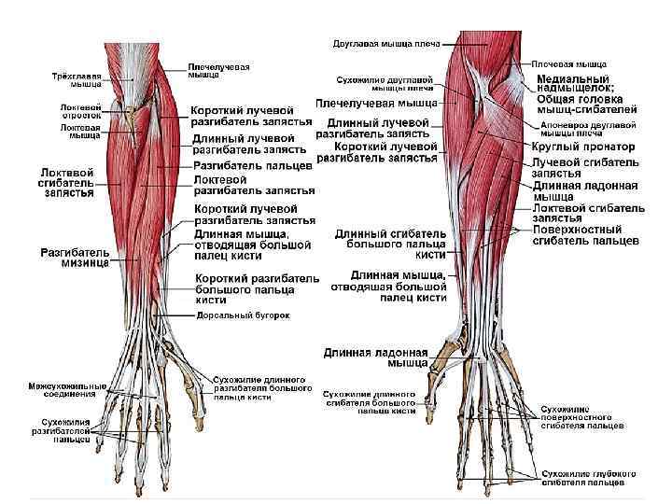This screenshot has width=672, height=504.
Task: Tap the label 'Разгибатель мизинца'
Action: [74, 258]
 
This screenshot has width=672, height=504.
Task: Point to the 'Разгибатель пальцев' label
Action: [252, 165]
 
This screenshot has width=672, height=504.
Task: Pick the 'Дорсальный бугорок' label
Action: [243, 316]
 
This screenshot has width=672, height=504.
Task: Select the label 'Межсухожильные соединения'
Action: [66, 389]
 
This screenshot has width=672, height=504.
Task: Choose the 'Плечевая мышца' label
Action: [569, 64]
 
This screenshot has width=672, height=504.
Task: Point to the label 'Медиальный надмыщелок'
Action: [571, 85]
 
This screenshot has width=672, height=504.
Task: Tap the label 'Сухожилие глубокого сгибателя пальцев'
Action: [590, 479]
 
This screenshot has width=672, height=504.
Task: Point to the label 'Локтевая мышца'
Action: [81, 132]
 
